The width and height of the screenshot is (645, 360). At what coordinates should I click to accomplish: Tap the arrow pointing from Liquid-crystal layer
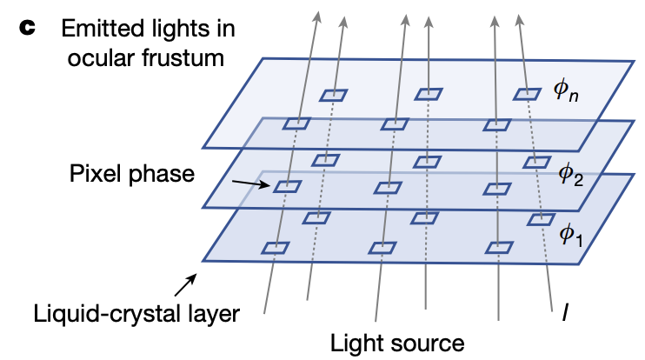(x=186, y=283)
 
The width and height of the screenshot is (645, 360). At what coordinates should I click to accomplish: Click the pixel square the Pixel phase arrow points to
(x=287, y=186)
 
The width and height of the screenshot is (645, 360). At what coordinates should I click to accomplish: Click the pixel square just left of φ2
(x=535, y=162)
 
